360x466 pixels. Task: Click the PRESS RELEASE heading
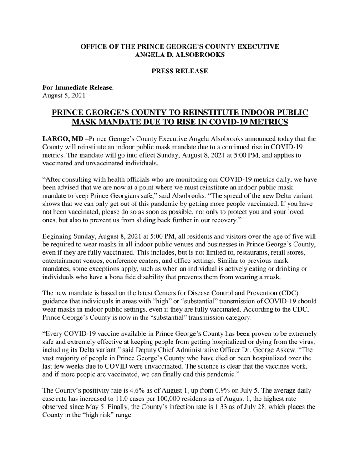(180, 71)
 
